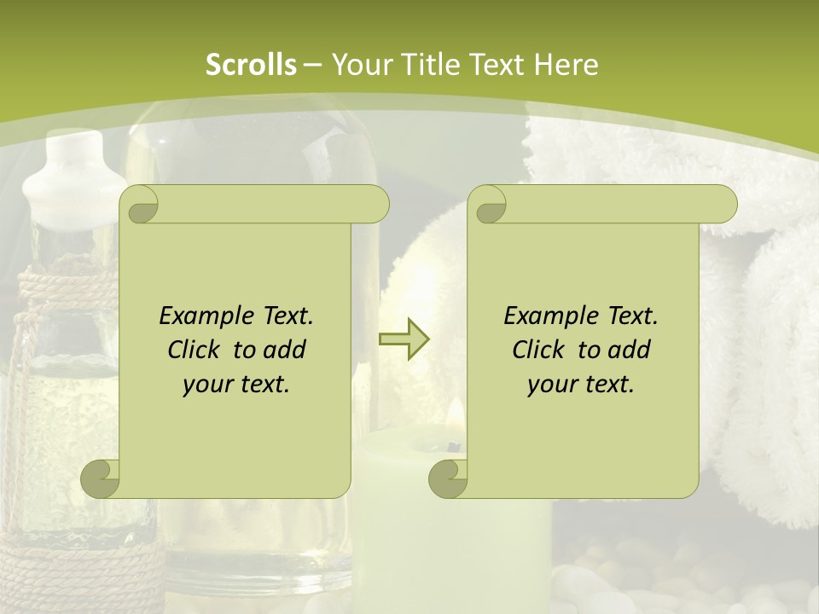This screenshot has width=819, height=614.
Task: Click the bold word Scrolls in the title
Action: (x=251, y=64)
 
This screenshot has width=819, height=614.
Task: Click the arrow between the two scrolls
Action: (x=404, y=339)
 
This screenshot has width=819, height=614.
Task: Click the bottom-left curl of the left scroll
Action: (x=101, y=478)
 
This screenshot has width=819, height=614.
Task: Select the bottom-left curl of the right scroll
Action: (x=448, y=478)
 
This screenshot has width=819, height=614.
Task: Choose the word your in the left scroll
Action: (x=208, y=385)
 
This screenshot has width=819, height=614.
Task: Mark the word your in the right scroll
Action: (x=553, y=385)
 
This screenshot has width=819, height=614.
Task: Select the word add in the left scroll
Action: (x=285, y=350)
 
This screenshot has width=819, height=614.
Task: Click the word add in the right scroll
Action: (x=630, y=350)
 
